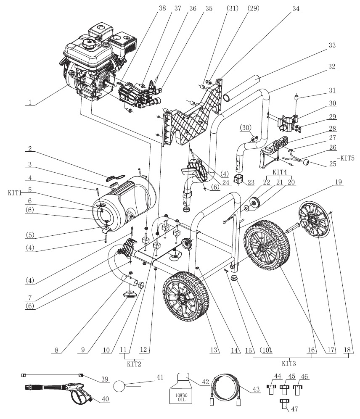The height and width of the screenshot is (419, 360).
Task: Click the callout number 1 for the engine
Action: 29,101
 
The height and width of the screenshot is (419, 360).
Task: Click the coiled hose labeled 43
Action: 228,389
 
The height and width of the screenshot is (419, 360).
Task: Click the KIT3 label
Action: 288,362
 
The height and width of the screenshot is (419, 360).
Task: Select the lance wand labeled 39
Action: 53,374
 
